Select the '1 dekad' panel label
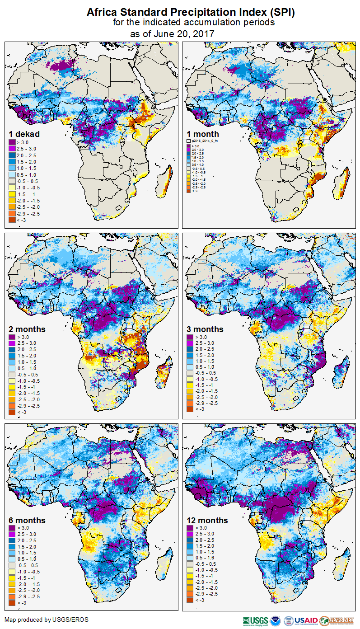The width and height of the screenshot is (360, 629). [x=24, y=134]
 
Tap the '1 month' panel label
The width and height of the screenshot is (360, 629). [x=203, y=134]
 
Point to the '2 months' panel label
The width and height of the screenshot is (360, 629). [x=27, y=329]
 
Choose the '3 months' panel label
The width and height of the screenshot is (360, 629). [x=205, y=329]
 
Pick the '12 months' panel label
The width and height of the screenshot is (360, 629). [x=207, y=521]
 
